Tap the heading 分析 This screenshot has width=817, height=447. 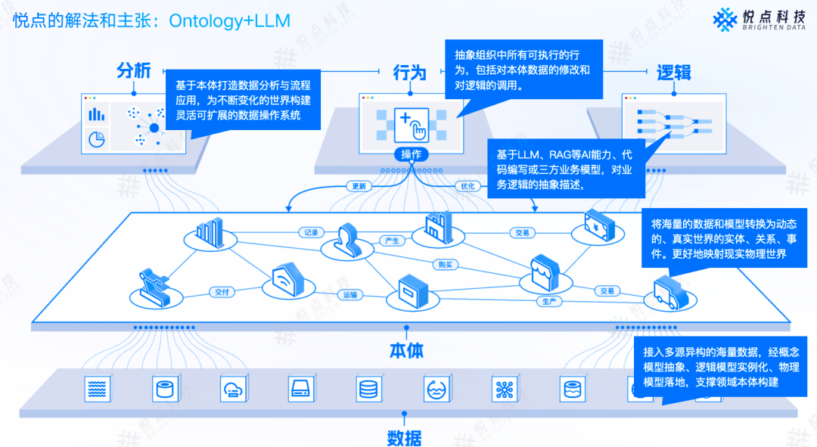coord(134,71)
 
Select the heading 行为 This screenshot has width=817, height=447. coord(409,73)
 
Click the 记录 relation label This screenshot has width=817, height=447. coord(310,232)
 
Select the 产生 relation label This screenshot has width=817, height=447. coord(392,241)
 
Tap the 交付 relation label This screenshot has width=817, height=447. coord(222,291)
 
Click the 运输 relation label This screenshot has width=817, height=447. coord(350,295)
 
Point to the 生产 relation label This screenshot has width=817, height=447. coord(548,301)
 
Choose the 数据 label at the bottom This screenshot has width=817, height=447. coord(405,437)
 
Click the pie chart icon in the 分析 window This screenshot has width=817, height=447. coord(96,140)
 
